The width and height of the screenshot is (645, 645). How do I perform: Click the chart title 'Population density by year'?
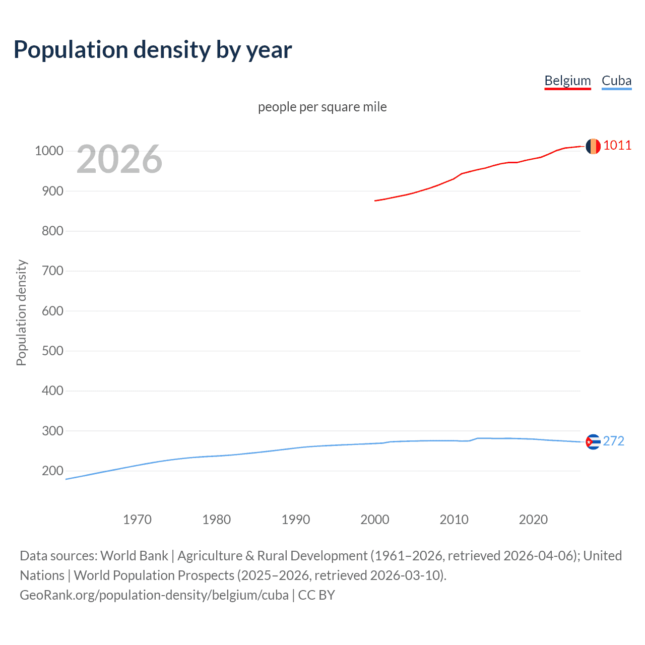click(x=153, y=50)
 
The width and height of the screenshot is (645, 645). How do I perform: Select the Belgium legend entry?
click(x=567, y=81)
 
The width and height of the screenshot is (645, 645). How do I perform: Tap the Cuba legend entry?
click(x=616, y=81)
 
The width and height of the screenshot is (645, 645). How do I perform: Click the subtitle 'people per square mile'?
click(x=322, y=107)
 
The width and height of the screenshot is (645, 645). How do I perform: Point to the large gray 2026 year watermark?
click(x=119, y=159)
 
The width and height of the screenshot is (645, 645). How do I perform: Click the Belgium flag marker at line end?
click(x=593, y=146)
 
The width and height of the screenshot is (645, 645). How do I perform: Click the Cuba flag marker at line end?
click(x=593, y=442)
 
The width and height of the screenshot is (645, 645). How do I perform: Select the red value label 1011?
click(x=617, y=146)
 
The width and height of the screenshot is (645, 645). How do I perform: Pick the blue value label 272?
click(x=614, y=441)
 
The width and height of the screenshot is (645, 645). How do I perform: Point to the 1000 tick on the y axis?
click(x=49, y=151)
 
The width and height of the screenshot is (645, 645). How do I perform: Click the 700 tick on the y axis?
click(x=52, y=271)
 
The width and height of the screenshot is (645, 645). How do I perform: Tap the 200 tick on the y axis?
click(x=52, y=471)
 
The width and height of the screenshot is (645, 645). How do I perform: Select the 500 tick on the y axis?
click(x=52, y=351)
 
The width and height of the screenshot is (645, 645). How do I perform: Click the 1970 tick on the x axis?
click(x=137, y=520)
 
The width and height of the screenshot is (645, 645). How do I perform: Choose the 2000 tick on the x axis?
click(x=375, y=520)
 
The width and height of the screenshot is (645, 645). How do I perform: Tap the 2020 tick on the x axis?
click(x=533, y=520)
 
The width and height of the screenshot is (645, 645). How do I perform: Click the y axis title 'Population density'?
click(x=21, y=312)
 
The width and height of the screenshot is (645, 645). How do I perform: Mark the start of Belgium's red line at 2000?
click(x=375, y=201)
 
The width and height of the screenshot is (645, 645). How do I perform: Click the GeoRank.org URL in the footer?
click(x=154, y=595)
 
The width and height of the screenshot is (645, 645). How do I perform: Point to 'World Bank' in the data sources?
click(x=134, y=556)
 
